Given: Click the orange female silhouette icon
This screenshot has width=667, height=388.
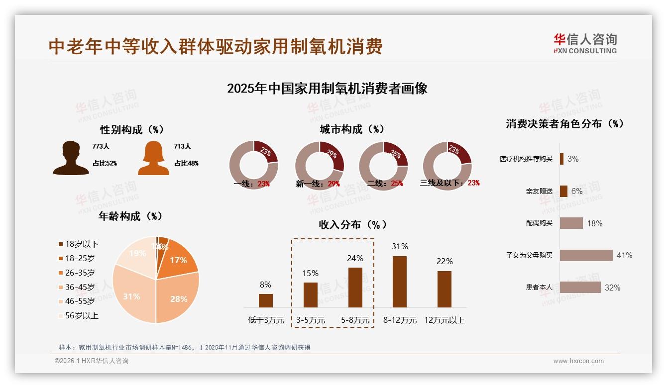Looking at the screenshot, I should point(153,158).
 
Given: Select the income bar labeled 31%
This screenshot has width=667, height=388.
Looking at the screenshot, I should point(400,282).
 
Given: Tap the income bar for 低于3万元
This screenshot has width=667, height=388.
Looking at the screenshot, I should point(266,300).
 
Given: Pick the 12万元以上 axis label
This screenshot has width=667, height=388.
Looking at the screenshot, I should point(445,320).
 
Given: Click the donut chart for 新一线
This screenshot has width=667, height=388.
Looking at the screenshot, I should point(320,166).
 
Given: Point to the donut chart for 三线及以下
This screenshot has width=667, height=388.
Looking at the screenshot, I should point(447,165).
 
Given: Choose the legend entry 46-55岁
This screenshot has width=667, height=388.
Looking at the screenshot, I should point(80,301).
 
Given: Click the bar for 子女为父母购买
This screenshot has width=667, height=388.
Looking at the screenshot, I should point(586,255).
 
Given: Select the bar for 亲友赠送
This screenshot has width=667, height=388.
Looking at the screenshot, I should point(563,191).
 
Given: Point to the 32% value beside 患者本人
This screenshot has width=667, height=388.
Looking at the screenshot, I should point(612,288).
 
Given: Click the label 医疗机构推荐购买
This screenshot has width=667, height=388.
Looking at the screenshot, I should point(526,159).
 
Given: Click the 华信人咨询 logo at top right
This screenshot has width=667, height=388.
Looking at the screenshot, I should point(585,43).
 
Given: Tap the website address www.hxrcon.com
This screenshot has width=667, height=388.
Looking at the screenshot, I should point(578,361).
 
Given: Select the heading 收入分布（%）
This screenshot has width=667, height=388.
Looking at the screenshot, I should point(353,225).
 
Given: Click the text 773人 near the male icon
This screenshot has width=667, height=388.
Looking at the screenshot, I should point(101,147).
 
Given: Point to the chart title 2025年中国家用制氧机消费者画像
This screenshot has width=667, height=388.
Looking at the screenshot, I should point(327,89).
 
